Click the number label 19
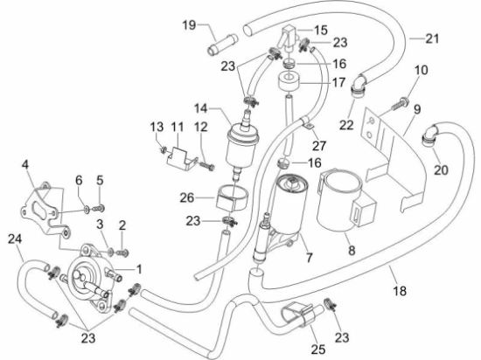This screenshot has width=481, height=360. tap(189, 25)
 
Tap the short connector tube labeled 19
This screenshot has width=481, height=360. tap(223, 45)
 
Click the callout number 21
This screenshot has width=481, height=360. tap(432, 38)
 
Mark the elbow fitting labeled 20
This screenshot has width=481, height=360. tap(429, 135)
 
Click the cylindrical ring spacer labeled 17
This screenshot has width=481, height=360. tap(289, 80)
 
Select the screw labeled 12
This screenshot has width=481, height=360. tap(207, 166)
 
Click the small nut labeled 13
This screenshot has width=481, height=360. tap(164, 149)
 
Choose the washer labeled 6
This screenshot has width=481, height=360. tap(87, 210)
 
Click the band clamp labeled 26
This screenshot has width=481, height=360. tap(231, 198)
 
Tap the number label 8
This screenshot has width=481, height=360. tap(352, 250)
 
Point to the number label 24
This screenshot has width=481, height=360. tap(15, 239)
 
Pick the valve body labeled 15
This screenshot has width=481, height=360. tap(288, 38)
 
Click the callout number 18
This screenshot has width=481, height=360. tap(400, 291)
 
